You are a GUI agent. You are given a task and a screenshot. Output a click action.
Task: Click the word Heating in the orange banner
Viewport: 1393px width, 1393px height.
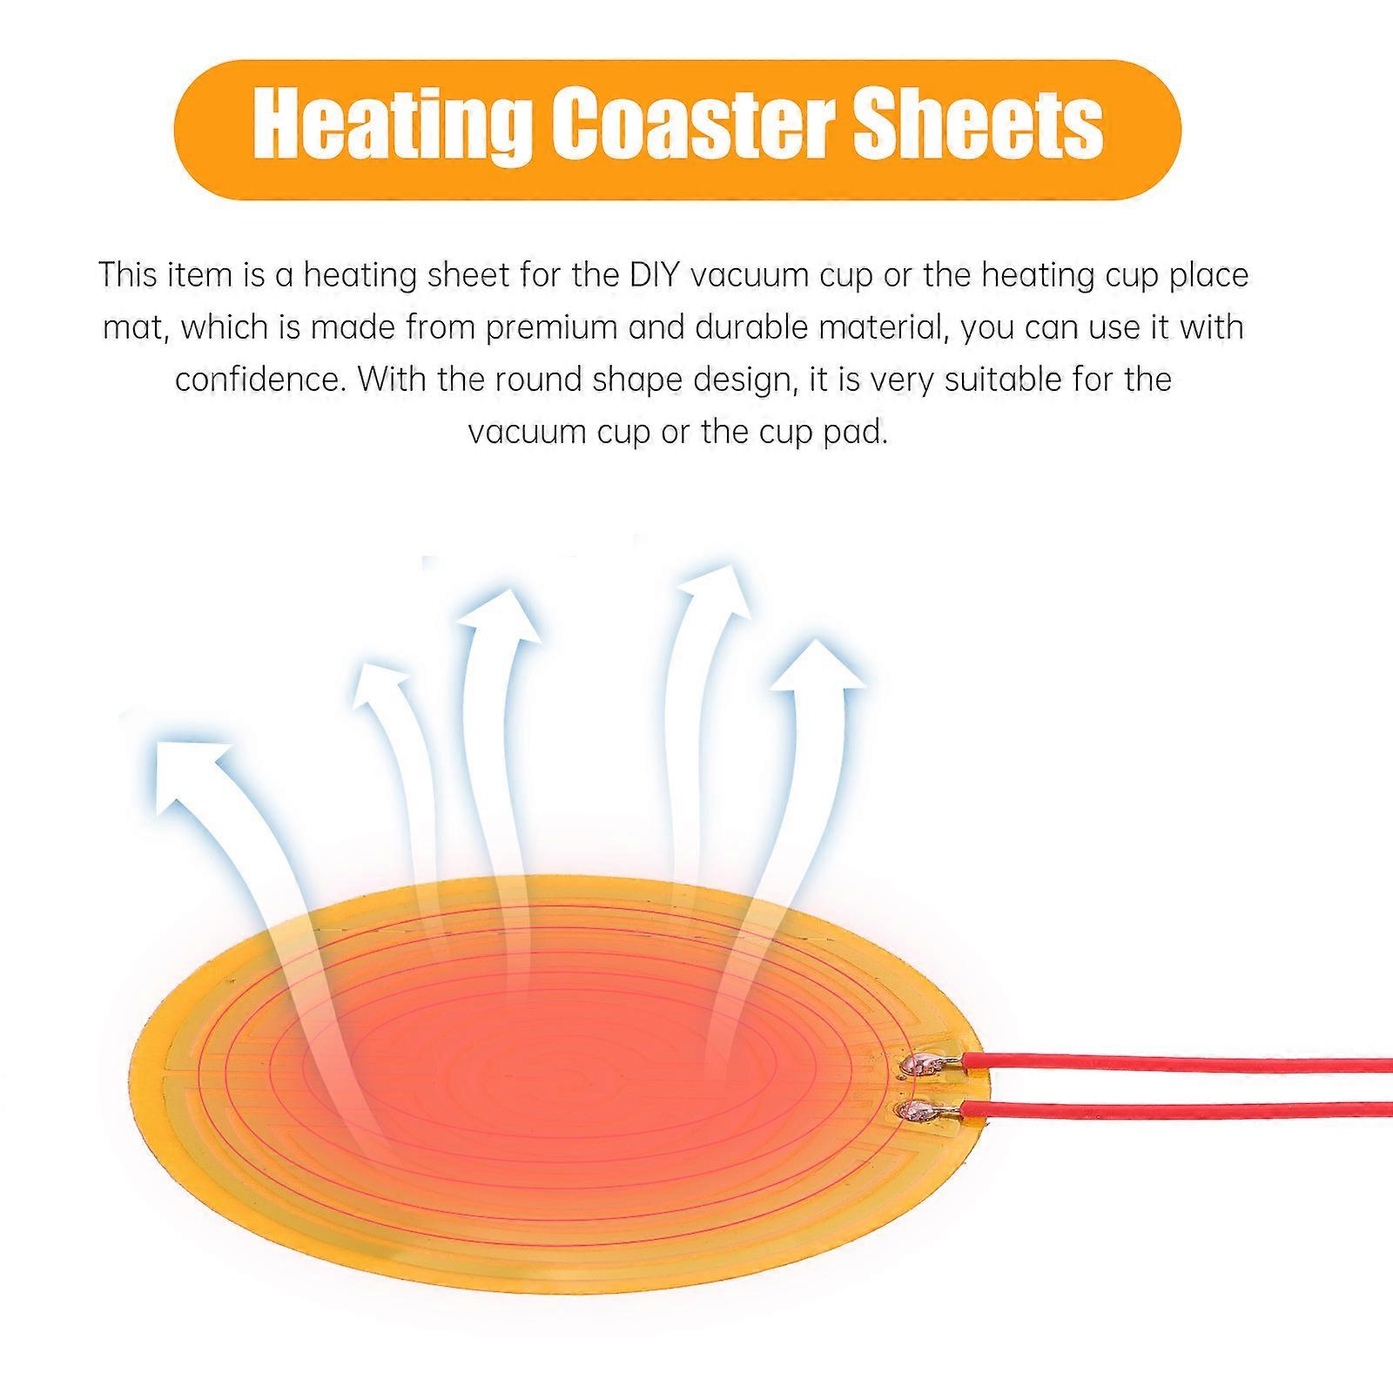392,127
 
